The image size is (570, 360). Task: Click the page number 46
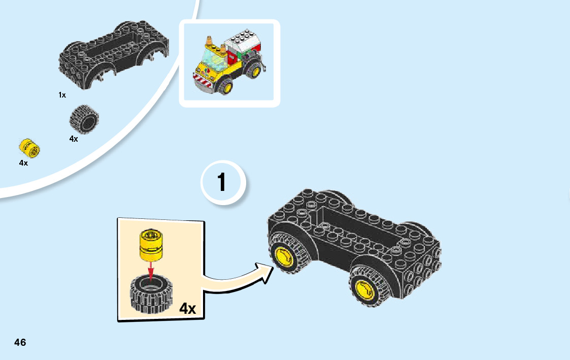click(x=20, y=342)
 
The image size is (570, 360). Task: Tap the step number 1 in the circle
click(x=222, y=183)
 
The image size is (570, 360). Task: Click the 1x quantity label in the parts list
click(x=62, y=95)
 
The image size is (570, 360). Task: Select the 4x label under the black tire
click(x=74, y=139)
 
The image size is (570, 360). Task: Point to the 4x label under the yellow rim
click(x=23, y=163)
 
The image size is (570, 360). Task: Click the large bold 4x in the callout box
click(x=187, y=308)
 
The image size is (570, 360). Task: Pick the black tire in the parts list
click(x=83, y=119)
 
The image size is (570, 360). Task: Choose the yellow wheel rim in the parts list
click(x=30, y=148)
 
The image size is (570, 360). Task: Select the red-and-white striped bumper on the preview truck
click(x=205, y=80)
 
